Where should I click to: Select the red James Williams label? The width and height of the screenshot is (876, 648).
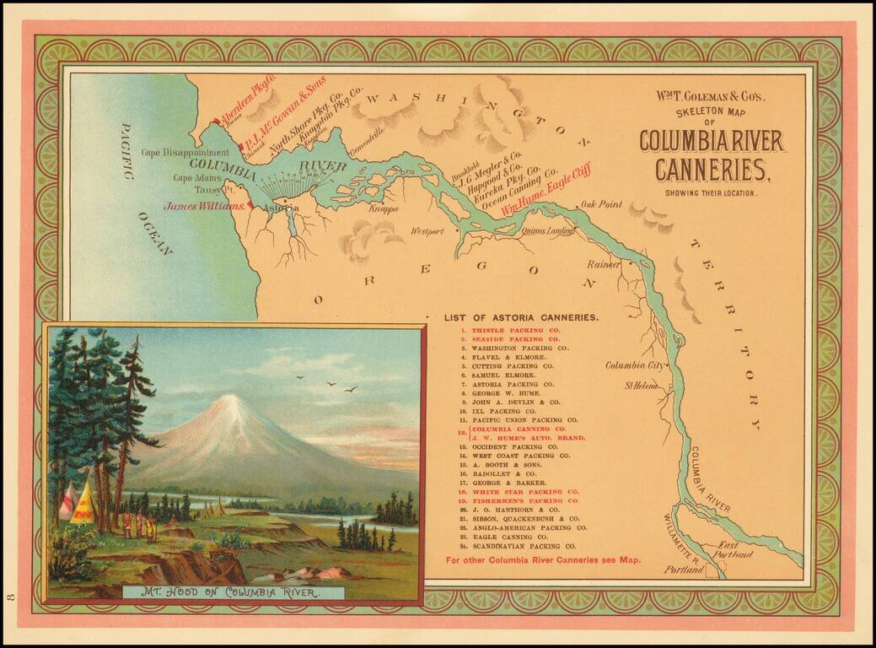[205, 205]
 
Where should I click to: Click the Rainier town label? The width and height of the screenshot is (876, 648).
[603, 264]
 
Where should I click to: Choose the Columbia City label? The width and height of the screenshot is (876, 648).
[634, 365]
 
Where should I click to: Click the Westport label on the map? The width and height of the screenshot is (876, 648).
[427, 230]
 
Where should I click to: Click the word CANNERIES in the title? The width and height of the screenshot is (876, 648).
[712, 170]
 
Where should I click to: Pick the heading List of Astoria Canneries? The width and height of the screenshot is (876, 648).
[522, 317]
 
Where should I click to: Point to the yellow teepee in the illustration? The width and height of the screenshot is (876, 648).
[83, 505]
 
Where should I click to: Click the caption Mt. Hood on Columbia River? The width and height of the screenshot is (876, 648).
[233, 591]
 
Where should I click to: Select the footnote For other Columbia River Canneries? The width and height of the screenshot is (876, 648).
[543, 559]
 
